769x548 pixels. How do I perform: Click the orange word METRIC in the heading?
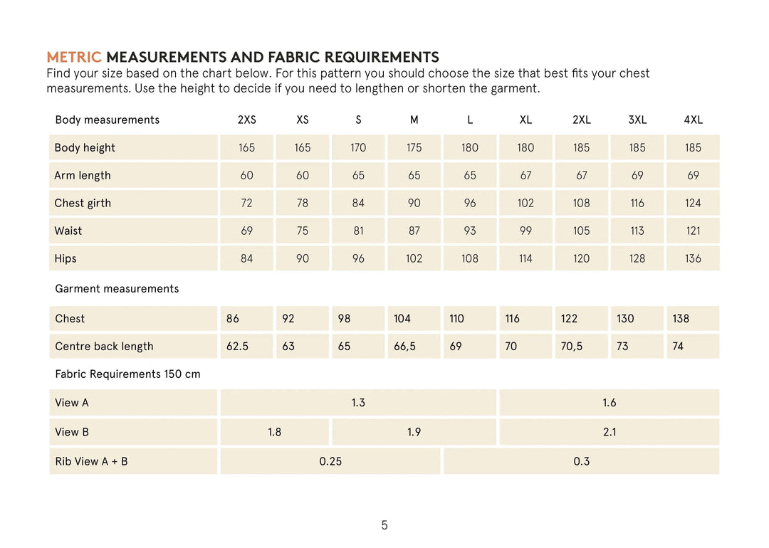74,58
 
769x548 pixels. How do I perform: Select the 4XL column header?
693,120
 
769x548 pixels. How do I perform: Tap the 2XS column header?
246,120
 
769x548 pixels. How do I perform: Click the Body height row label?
85,148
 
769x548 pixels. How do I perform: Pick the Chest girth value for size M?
414,204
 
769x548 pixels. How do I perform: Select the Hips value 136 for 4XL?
693,258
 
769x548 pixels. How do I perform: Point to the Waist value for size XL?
525,231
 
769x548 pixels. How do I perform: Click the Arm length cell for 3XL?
637,175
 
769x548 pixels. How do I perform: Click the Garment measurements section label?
117,289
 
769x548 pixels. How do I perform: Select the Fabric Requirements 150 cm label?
127,374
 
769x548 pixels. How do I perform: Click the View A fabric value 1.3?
358,403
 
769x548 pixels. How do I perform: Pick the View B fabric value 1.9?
414,432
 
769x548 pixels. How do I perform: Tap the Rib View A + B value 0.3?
581,461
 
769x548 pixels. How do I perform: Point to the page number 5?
384,525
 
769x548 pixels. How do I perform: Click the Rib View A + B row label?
91,461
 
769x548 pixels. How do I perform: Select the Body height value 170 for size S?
358,148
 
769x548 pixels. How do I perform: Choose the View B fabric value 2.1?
610,432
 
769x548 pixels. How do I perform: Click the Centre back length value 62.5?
237,347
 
